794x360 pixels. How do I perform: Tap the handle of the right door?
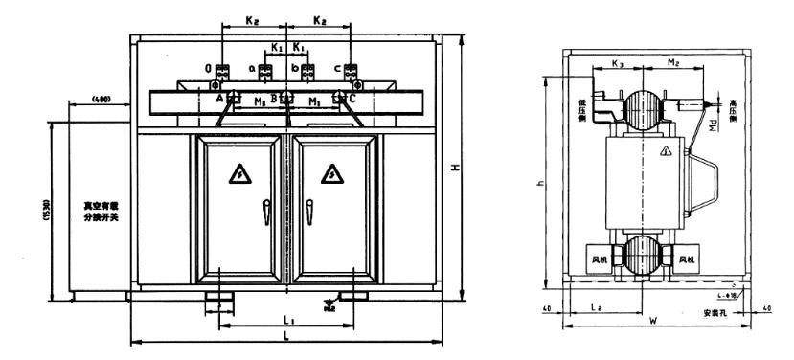tap(309, 208)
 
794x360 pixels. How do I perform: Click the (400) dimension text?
tap(99, 100)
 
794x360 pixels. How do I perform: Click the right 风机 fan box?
tap(686, 259)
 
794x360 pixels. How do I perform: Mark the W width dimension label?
tap(653, 322)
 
